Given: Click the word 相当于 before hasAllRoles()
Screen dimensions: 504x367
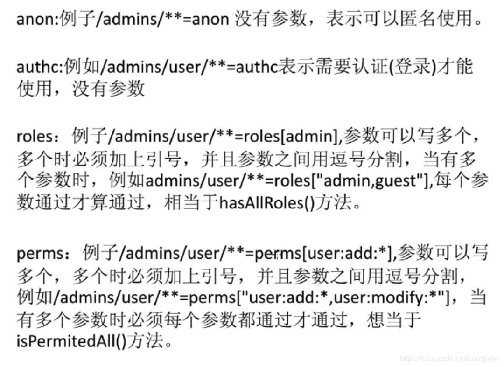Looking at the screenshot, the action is click(x=191, y=204).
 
